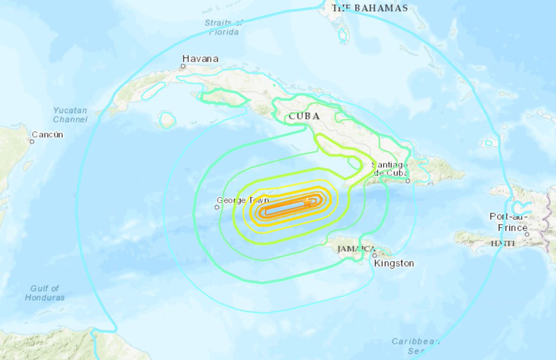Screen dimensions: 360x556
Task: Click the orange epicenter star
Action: [x=307, y=202]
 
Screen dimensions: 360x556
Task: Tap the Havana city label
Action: [x=200, y=59]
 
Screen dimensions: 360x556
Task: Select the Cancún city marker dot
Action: [x=32, y=141]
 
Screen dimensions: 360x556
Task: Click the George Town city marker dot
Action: [x=217, y=207]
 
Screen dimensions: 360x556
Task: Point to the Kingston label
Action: [x=394, y=263]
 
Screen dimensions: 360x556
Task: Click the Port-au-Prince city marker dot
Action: [x=527, y=234]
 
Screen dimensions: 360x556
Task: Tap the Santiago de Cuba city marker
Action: [x=408, y=181]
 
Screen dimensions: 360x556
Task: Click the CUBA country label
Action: [x=304, y=117]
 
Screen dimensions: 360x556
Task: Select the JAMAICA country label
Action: [x=356, y=249]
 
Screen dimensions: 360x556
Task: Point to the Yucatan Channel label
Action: [x=70, y=115]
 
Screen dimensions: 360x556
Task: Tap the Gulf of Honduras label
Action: [x=45, y=293]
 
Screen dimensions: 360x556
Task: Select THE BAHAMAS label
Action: [x=369, y=8]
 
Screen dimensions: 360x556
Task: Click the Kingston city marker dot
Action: [x=374, y=255]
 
